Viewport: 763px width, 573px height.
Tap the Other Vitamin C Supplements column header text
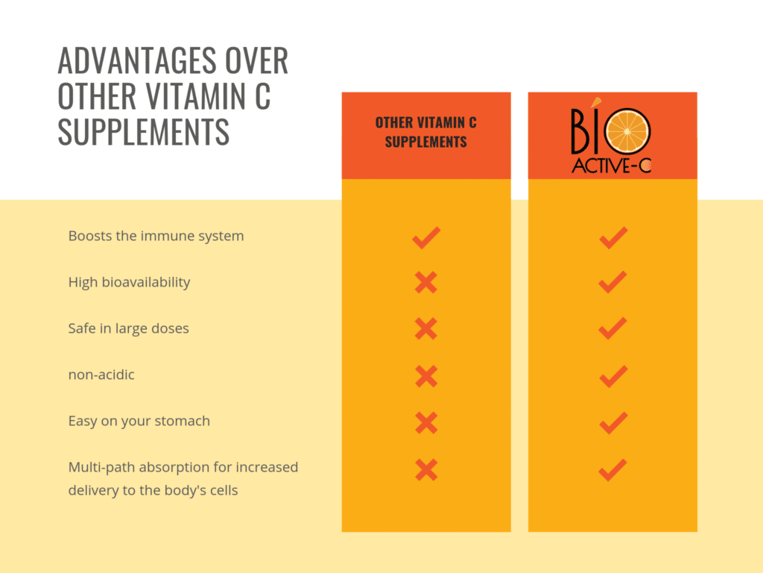[x=425, y=132]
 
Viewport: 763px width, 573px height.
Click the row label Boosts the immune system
[x=156, y=236]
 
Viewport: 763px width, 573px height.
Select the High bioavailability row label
[x=129, y=282]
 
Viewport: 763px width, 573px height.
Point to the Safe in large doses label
[x=128, y=328]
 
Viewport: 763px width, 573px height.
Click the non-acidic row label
[x=101, y=375]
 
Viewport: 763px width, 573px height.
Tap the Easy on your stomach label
[x=139, y=421]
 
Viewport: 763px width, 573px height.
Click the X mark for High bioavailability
[x=425, y=283]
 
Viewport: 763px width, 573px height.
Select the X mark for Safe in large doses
[x=425, y=329]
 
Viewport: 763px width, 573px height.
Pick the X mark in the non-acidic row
[x=425, y=375]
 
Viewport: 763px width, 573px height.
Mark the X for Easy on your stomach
[x=425, y=423]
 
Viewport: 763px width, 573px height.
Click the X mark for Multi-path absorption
[x=425, y=469]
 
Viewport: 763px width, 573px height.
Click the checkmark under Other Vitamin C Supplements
[x=425, y=237]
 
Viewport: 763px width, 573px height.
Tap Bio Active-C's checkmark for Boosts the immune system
[x=612, y=237]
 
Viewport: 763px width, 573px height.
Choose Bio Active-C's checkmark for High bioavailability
[x=612, y=282]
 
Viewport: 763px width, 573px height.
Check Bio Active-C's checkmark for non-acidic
[x=612, y=375]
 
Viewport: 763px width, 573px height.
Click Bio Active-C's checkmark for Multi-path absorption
[x=612, y=469]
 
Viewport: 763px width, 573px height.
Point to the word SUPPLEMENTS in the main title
[x=143, y=132]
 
